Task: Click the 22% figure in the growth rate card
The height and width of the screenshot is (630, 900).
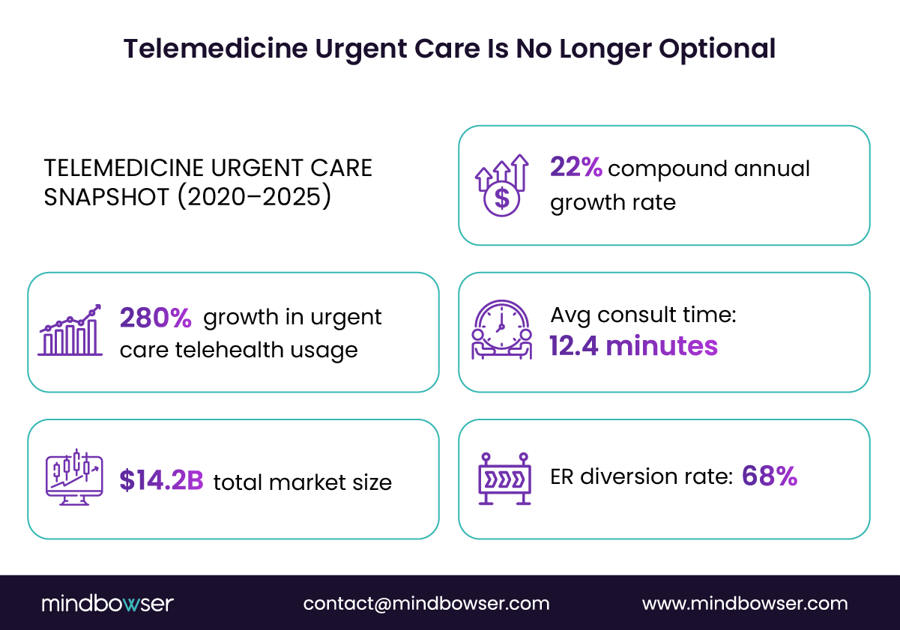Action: (x=576, y=168)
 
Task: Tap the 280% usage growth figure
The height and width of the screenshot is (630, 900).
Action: (x=156, y=318)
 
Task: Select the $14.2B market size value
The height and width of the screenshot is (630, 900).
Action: (x=161, y=482)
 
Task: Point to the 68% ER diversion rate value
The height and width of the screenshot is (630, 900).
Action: (x=769, y=476)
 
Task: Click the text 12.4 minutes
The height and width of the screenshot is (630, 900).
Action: (x=633, y=346)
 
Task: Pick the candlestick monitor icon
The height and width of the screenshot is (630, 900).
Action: (x=73, y=477)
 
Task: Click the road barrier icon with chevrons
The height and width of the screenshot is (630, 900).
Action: (x=504, y=478)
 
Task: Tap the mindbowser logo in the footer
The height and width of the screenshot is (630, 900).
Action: (x=107, y=603)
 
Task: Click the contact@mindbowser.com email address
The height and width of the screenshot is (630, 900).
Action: (x=426, y=604)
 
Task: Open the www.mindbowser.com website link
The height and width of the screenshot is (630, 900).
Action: (x=745, y=604)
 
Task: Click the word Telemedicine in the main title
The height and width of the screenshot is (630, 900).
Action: (x=216, y=49)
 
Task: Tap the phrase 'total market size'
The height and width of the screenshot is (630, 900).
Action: (x=303, y=482)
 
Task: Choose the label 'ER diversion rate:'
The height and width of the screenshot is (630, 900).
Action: (x=641, y=477)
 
